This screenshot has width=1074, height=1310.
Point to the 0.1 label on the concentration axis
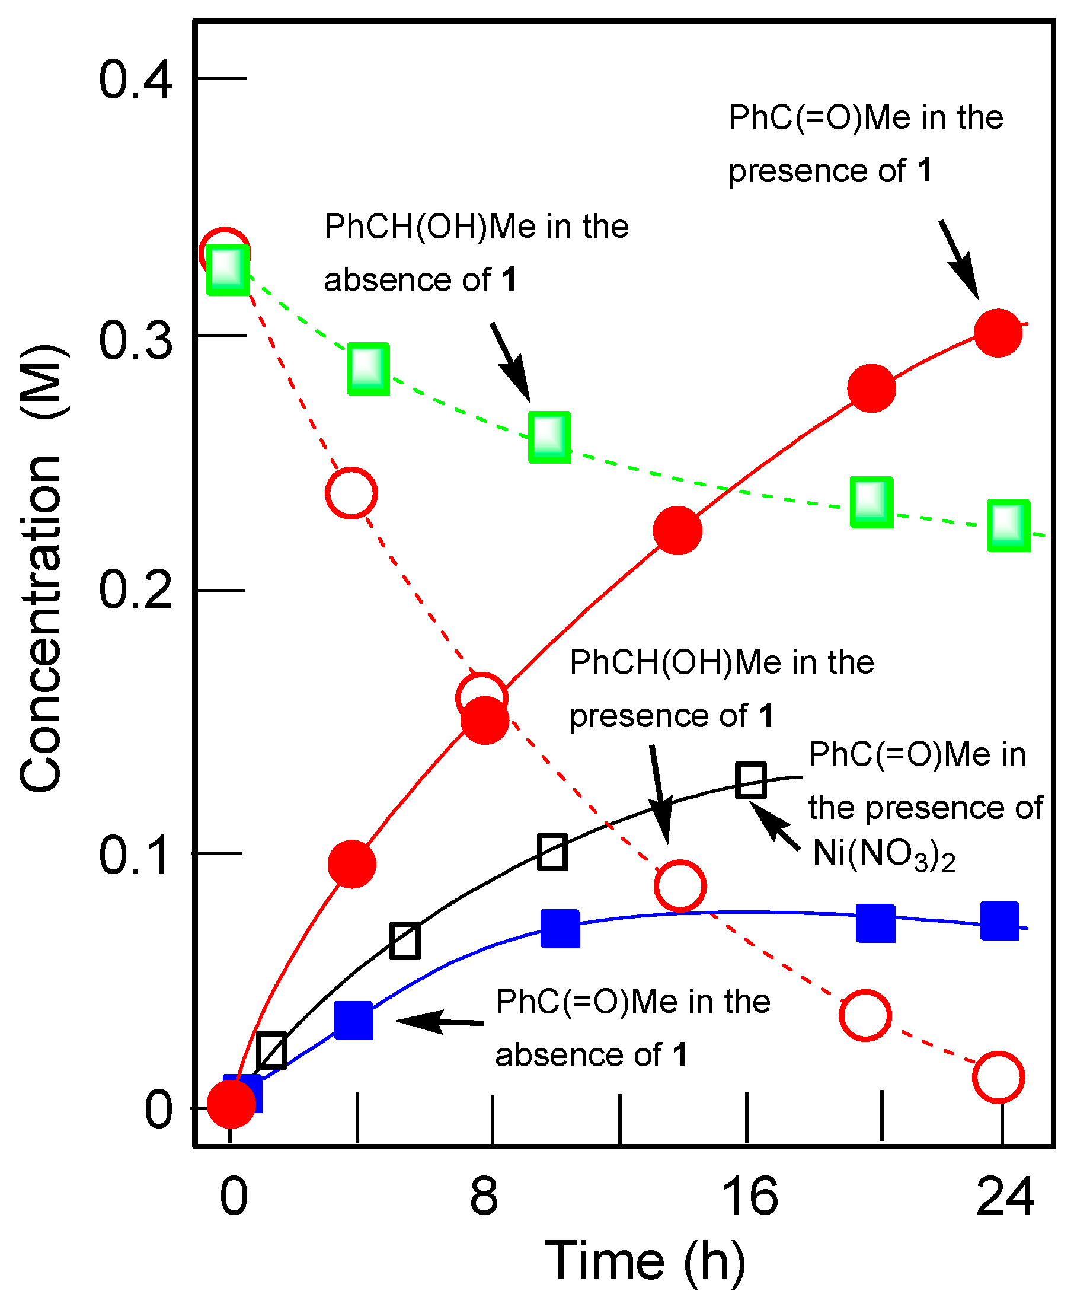pyautogui.click(x=135, y=856)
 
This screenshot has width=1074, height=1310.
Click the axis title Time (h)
pyautogui.click(x=645, y=1261)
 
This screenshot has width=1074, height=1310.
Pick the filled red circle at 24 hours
pyautogui.click(x=998, y=333)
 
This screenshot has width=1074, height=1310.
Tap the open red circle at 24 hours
pyautogui.click(x=998, y=1077)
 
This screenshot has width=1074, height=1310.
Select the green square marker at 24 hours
pyautogui.click(x=1008, y=525)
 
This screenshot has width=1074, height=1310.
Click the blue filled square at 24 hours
pyautogui.click(x=1000, y=920)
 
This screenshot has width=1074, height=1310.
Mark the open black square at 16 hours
pyautogui.click(x=751, y=780)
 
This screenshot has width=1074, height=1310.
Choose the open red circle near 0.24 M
pyautogui.click(x=351, y=493)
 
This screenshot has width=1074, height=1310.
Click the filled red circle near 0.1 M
pyautogui.click(x=352, y=864)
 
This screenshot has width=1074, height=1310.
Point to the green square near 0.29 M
pyautogui.click(x=368, y=368)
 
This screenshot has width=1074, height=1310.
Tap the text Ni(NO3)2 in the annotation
pyautogui.click(x=884, y=854)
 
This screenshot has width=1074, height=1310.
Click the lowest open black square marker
pyautogui.click(x=271, y=1051)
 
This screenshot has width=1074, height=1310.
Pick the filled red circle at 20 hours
pyautogui.click(x=871, y=388)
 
